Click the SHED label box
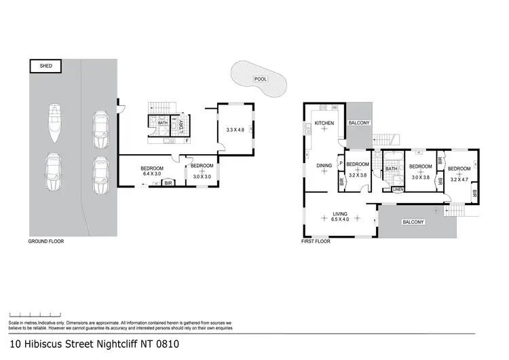click(45, 66)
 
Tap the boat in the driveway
click(54, 123)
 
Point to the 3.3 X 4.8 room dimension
click(235, 129)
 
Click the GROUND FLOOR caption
click(45, 242)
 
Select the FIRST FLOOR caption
click(316, 241)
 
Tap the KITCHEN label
click(322, 123)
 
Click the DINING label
click(323, 164)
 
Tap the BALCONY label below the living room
click(413, 222)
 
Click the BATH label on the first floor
click(392, 169)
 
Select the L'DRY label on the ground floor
click(182, 128)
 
